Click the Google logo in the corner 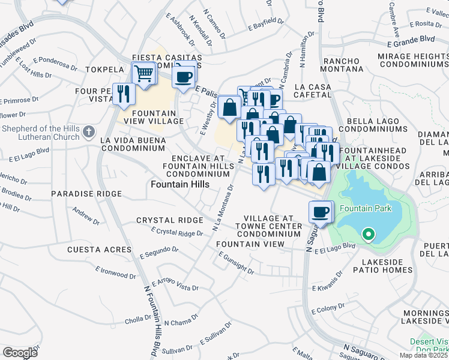tap(20, 353)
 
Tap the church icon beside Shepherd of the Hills tap(88, 131)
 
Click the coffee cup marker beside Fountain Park tap(321, 212)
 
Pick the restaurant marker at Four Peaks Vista tap(124, 94)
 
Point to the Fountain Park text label tap(366, 209)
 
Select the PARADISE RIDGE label tap(86, 194)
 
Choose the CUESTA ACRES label tap(99, 249)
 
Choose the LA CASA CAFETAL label tap(321, 91)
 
